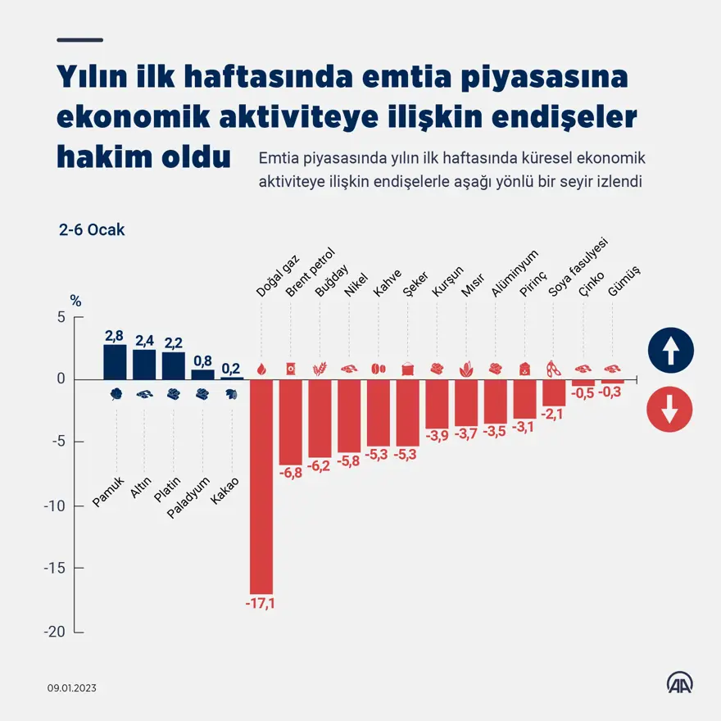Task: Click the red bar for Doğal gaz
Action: [x=261, y=487]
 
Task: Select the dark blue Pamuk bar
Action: [x=115, y=362]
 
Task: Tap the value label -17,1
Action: [x=261, y=604]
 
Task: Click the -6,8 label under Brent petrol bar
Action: [x=291, y=473]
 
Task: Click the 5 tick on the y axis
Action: [x=60, y=317]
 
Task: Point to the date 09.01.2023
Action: [x=72, y=688]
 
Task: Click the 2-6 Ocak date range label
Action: [x=92, y=230]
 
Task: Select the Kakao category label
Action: [x=225, y=491]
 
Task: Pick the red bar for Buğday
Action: [x=320, y=419]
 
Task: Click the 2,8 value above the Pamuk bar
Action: [x=115, y=335]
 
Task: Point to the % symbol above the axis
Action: [x=76, y=301]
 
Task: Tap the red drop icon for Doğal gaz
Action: [x=261, y=370]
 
